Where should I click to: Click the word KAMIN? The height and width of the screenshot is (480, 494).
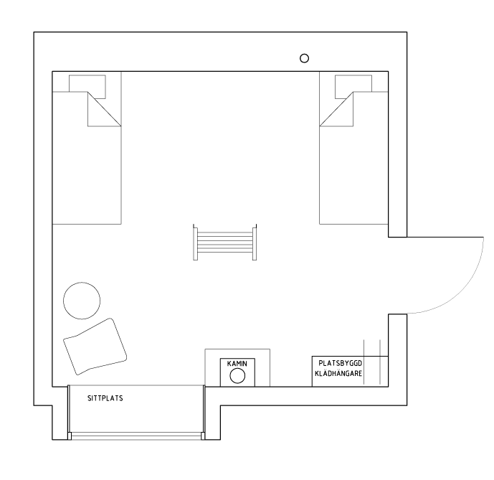point(237,364)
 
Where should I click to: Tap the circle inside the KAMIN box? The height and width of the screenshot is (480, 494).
point(237,376)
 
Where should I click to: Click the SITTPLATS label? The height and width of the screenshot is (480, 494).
point(105,398)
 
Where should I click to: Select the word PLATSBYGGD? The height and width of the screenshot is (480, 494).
point(341,363)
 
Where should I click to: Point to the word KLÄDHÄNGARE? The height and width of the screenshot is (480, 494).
point(338,373)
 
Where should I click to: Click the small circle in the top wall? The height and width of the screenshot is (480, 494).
point(304,58)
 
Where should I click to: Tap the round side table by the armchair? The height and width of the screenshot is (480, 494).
point(82,301)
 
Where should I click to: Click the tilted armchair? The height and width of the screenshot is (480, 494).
point(95,347)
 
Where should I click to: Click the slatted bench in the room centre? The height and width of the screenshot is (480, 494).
point(225,243)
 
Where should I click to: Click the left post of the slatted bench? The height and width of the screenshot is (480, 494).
point(195,243)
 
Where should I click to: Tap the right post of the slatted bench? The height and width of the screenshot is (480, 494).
point(255,243)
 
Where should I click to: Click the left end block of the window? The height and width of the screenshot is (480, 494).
point(70,436)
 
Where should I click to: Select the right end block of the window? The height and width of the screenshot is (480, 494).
point(203,436)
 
